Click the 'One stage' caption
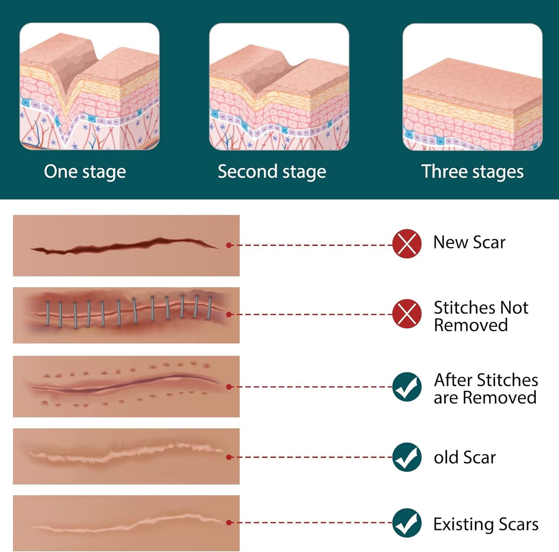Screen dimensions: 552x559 tap(85, 172)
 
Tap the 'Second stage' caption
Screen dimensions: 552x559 tap(272, 172)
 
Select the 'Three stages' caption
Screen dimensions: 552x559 tap(472, 172)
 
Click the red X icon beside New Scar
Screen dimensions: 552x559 tap(407, 244)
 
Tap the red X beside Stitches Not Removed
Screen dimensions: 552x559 tap(407, 314)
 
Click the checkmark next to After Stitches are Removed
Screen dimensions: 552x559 tap(407, 387)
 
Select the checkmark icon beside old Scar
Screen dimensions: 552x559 tap(407, 457)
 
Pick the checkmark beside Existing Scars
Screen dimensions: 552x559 tap(407, 523)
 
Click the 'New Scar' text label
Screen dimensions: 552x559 tap(469, 243)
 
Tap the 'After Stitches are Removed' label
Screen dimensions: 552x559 tap(486, 389)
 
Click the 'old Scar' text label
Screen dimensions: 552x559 tap(465, 458)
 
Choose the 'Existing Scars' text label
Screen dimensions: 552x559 tap(486, 524)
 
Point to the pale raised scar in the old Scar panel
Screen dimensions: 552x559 tap(123, 452)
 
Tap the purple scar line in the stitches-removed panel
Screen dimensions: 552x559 tap(123, 384)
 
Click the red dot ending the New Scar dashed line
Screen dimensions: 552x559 tap(229, 245)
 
